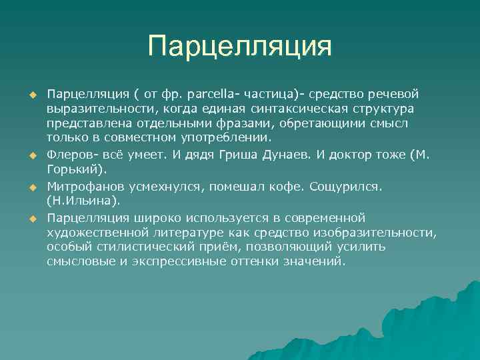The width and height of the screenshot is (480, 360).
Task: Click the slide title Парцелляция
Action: [240, 47]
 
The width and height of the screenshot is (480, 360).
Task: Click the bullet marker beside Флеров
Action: [30, 156]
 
